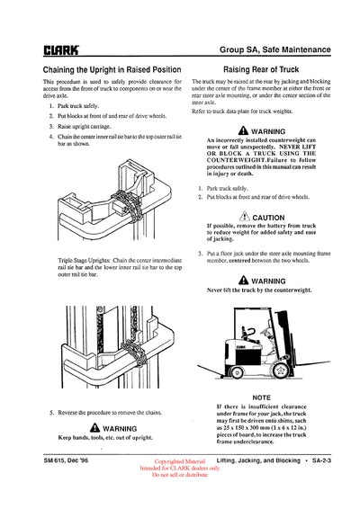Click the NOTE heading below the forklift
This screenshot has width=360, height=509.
(x=262, y=397)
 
